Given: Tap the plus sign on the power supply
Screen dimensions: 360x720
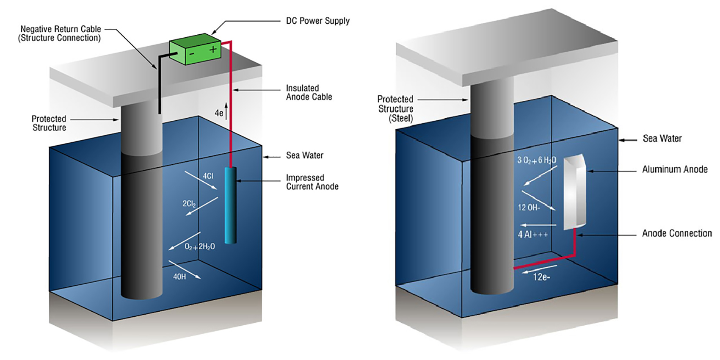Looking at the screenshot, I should (x=213, y=50).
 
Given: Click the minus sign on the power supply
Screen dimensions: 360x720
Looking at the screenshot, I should (x=192, y=54).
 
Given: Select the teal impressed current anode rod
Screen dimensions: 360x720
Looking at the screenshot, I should (x=230, y=205).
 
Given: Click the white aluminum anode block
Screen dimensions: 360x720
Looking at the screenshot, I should (x=574, y=193).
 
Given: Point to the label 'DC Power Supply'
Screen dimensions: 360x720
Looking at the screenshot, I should (x=317, y=21).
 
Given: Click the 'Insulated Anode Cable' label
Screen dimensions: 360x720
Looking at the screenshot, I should (x=309, y=92).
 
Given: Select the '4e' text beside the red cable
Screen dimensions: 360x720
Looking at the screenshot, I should (x=218, y=113).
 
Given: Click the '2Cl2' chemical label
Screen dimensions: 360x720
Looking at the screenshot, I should (x=189, y=204).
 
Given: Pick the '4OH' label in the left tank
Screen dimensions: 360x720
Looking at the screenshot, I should (x=179, y=277).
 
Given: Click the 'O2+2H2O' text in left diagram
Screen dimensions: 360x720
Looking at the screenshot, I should (x=199, y=246).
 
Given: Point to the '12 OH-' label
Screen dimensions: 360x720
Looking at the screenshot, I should (x=529, y=208).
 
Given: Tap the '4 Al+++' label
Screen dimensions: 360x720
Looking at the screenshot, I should (x=532, y=234).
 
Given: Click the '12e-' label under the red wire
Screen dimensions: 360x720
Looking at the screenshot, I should (x=541, y=277).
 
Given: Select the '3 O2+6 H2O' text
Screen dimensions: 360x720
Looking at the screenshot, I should (x=537, y=160).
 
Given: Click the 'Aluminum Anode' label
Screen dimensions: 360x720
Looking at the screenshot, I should (x=675, y=169).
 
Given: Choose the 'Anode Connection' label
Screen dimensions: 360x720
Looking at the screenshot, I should (x=676, y=233).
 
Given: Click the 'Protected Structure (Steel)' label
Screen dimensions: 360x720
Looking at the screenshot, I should (x=395, y=108).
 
